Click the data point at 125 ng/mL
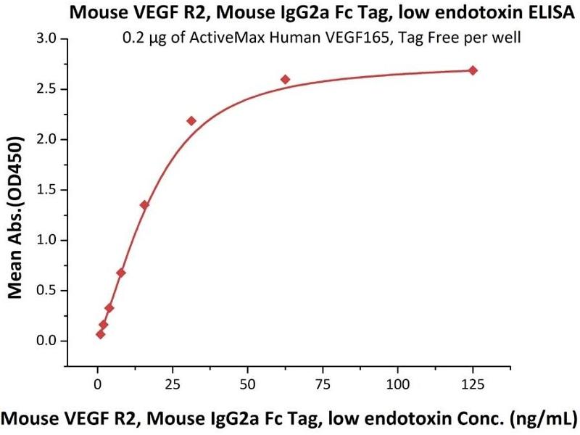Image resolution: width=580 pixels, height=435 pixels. [x=473, y=70]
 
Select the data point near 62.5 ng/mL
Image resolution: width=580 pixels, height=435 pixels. [x=285, y=79]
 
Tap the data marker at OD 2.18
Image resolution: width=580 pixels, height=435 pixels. [x=191, y=120]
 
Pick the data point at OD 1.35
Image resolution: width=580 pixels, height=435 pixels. [x=144, y=205]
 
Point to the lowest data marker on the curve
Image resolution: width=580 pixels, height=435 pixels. [x=100, y=334]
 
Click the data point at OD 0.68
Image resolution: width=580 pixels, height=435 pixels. [x=121, y=273]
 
